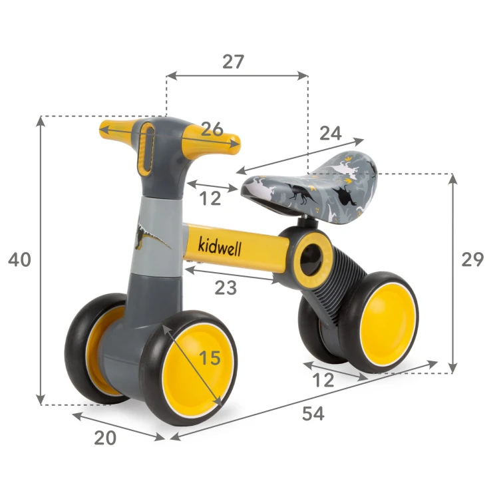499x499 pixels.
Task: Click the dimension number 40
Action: [x=19, y=259]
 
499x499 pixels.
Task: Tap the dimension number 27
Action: [x=234, y=62]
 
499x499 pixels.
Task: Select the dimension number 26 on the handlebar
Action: [x=212, y=129]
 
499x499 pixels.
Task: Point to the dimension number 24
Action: [x=331, y=133]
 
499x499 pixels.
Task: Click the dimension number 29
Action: [x=472, y=259]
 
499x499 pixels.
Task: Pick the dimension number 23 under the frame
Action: [x=226, y=287]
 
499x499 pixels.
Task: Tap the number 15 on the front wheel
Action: [x=210, y=358]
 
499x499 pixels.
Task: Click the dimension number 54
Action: [x=313, y=413]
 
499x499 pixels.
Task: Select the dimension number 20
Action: [x=105, y=438]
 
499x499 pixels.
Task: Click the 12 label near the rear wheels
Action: [x=323, y=380]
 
